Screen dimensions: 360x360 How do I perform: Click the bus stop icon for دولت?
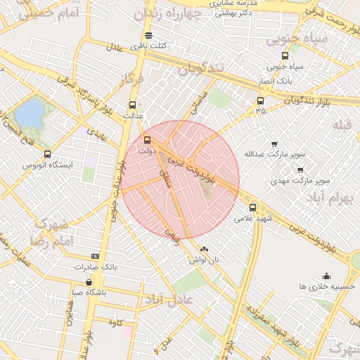coord(147,140)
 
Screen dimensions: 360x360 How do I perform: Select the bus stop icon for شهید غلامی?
coord(253,207)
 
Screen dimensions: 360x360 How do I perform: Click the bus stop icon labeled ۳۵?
coord(261,101)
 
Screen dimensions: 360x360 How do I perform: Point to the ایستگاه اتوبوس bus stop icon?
coord(47,154)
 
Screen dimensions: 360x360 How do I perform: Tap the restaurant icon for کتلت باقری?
coord(148,35)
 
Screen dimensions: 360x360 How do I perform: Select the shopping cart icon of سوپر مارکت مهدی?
coord(300,169)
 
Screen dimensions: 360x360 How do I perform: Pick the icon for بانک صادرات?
coord(96,257)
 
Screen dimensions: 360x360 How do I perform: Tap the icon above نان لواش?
coord(204,249)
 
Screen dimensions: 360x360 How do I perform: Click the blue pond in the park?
coord(29,113)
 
